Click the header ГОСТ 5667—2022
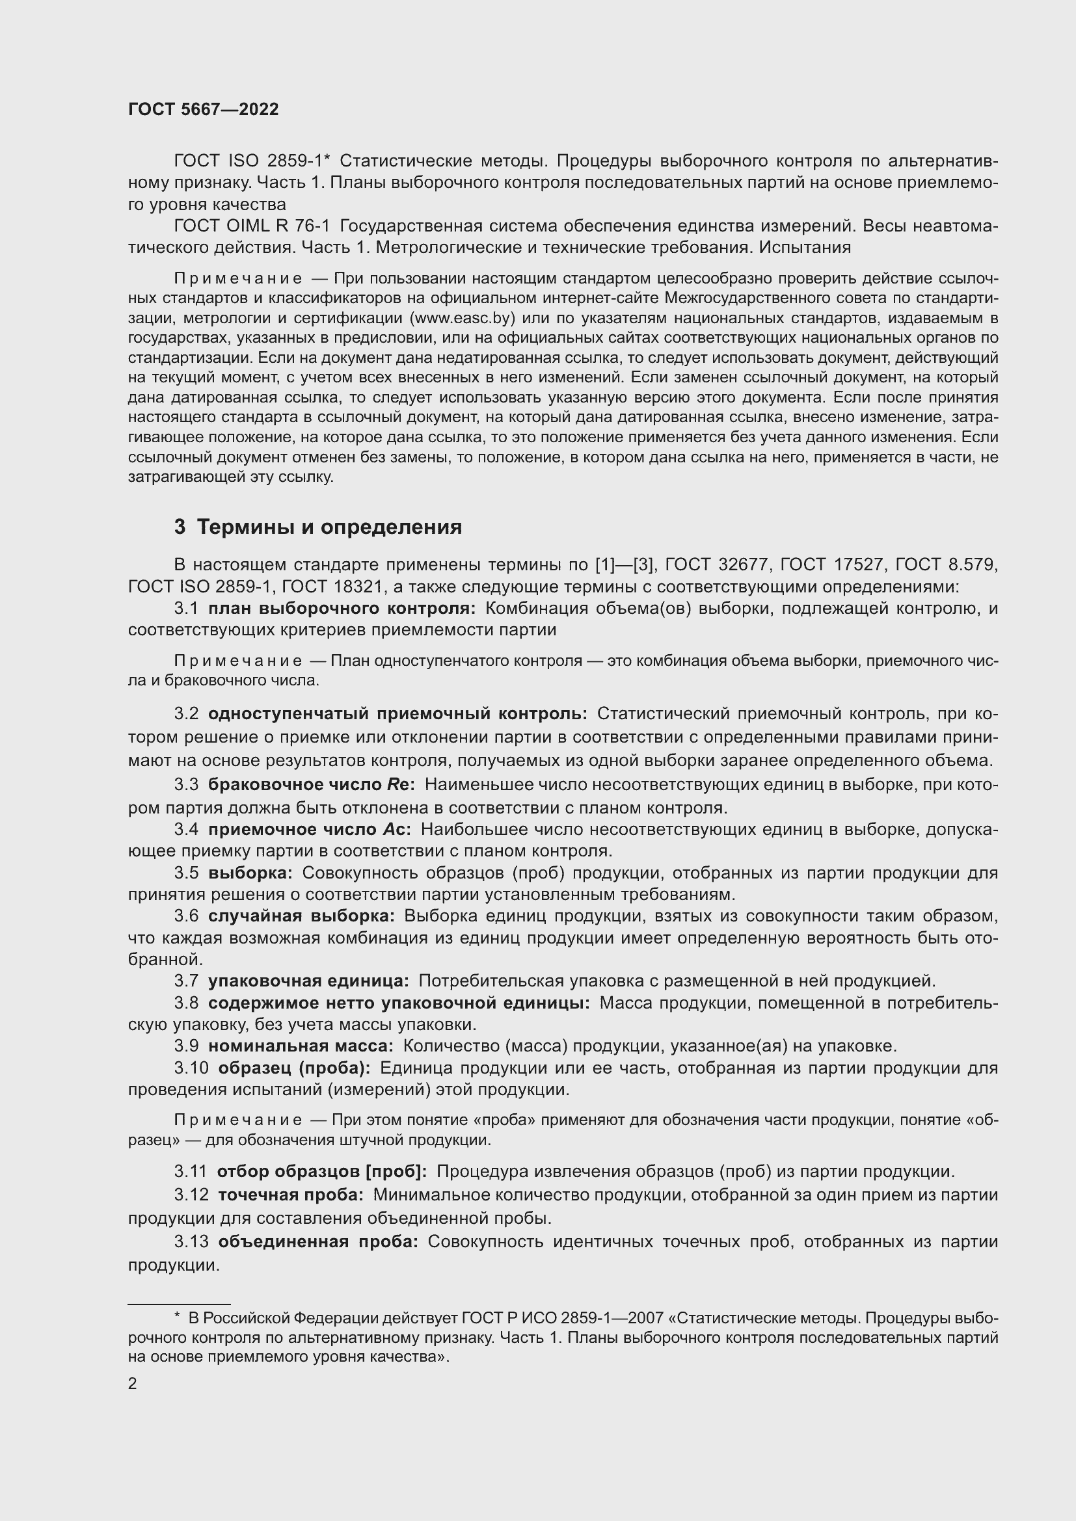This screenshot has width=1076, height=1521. [x=204, y=110]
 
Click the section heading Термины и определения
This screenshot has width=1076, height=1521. [x=329, y=527]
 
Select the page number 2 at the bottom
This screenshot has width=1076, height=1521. [x=133, y=1384]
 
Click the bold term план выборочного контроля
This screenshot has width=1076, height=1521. [x=342, y=608]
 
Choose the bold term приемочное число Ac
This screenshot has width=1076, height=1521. [x=310, y=829]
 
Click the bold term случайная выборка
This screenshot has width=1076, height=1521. [x=301, y=916]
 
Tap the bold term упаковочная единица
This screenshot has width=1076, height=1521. [x=309, y=981]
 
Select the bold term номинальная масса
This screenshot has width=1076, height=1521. [x=301, y=1046]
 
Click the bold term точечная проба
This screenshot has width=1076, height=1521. [x=291, y=1195]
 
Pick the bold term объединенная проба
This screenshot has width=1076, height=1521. [x=318, y=1241]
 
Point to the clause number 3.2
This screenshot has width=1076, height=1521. [x=186, y=713]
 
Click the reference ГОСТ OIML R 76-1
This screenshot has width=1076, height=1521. [x=252, y=226]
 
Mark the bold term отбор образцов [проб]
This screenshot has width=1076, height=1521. [x=322, y=1171]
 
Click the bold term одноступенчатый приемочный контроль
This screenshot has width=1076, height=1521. [x=397, y=713]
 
